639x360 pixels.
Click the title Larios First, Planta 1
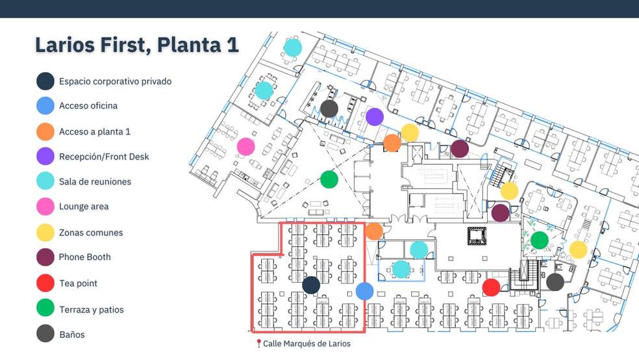137,45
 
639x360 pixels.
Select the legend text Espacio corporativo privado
115,81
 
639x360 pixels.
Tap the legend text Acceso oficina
88,105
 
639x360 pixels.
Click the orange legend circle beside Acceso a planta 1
45,131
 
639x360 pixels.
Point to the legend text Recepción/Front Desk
104,157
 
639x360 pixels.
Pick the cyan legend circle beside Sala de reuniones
45,181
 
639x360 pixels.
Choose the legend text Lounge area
84,207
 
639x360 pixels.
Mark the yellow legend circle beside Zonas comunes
45,232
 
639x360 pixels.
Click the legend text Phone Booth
85,257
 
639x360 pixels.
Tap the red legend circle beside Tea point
45,283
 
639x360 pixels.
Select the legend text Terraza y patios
92,310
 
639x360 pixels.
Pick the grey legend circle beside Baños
45,334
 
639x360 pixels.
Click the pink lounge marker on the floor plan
245,146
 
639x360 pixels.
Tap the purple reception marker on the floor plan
374,117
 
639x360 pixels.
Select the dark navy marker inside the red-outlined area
311,284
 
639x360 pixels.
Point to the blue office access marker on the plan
365,291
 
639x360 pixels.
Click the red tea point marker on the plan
492,287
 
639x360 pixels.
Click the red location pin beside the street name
258,344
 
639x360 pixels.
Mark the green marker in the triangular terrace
329,179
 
